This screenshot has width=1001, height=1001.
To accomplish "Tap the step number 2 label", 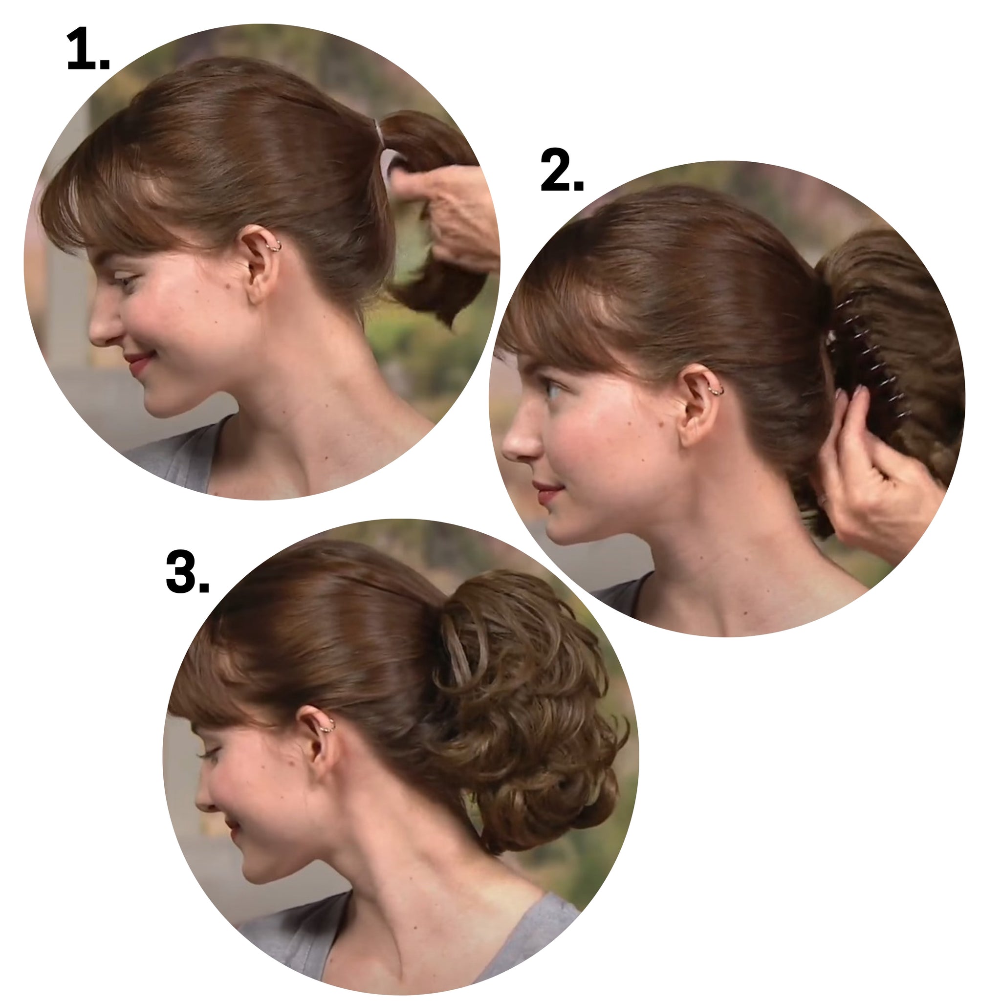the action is point(562,170).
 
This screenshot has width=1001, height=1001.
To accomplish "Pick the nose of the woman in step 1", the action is point(104,324).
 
